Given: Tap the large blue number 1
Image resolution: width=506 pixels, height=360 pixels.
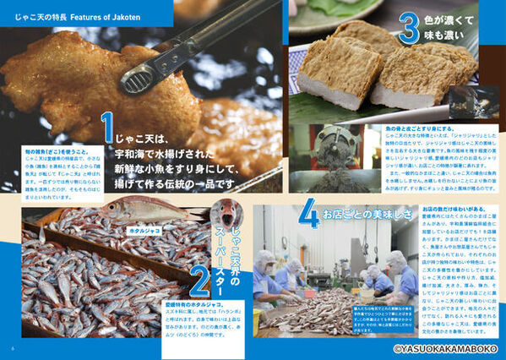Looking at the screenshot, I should [108, 127].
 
